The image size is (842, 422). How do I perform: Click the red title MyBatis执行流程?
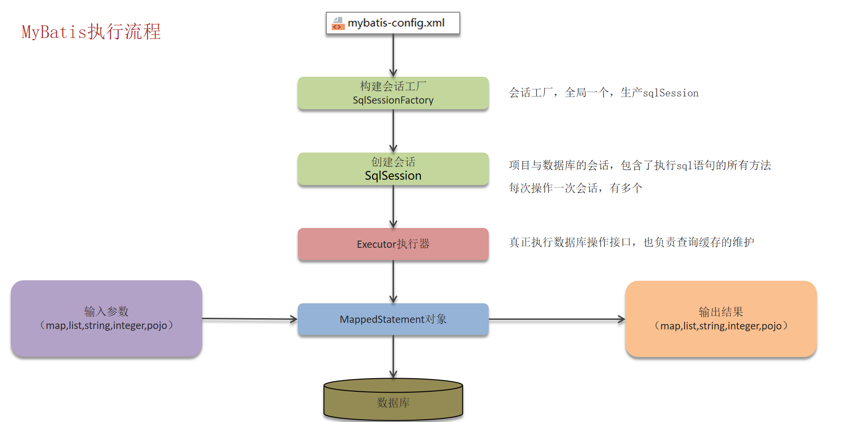tap(91, 32)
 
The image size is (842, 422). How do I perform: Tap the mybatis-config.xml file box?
tap(393, 23)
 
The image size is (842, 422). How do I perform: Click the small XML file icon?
tap(338, 23)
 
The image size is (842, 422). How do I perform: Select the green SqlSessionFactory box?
tap(393, 93)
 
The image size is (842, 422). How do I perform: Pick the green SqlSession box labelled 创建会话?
tap(393, 169)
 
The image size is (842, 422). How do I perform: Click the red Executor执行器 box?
tap(393, 244)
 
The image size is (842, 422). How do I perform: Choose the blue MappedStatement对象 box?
tap(393, 319)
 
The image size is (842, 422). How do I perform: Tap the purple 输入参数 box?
tap(106, 319)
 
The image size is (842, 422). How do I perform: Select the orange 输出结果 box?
tap(721, 319)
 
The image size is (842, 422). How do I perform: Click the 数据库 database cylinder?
tap(393, 402)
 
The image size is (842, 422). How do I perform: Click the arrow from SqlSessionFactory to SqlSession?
tap(393, 131)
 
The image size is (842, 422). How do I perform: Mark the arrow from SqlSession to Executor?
tap(393, 206)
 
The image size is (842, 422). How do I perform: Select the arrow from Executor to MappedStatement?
tap(393, 282)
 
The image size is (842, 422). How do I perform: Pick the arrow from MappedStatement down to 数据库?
tap(393, 357)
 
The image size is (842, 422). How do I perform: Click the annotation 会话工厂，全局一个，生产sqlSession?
tap(604, 93)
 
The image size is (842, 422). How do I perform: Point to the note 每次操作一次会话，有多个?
tap(575, 188)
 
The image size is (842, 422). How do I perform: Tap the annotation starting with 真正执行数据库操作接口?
tap(631, 242)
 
